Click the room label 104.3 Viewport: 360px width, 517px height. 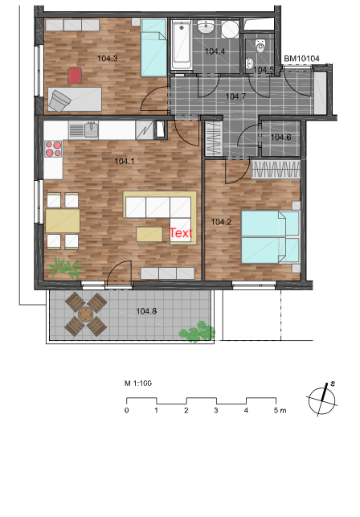pyautogui.click(x=108, y=59)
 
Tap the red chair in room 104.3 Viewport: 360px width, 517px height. pyautogui.click(x=75, y=75)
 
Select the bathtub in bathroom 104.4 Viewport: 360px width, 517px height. pyautogui.click(x=181, y=44)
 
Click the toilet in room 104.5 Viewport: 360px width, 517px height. pyautogui.click(x=260, y=47)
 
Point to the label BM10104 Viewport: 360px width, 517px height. pyautogui.click(x=301, y=59)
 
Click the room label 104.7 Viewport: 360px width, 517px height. pyautogui.click(x=235, y=96)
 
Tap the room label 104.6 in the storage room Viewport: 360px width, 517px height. pyautogui.click(x=281, y=137)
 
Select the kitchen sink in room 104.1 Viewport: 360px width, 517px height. pyautogui.click(x=92, y=129)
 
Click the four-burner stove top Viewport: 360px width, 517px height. pyautogui.click(x=53, y=149)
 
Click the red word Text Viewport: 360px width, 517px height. pyautogui.click(x=181, y=233)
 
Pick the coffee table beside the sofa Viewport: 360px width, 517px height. pyautogui.click(x=149, y=234)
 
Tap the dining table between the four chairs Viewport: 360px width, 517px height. pyautogui.click(x=63, y=220)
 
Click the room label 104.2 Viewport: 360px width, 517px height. pyautogui.click(x=221, y=222)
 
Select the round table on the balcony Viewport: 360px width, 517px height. pyautogui.click(x=86, y=314)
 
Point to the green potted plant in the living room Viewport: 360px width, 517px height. pyautogui.click(x=66, y=268)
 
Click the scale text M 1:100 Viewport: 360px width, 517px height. pyautogui.click(x=138, y=384)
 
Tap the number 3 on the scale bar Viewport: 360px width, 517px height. pyautogui.click(x=216, y=411)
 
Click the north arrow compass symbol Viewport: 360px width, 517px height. pyautogui.click(x=322, y=401)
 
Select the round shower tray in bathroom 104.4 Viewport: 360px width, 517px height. pyautogui.click(x=230, y=29)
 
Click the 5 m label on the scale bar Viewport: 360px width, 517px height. pyautogui.click(x=280, y=411)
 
